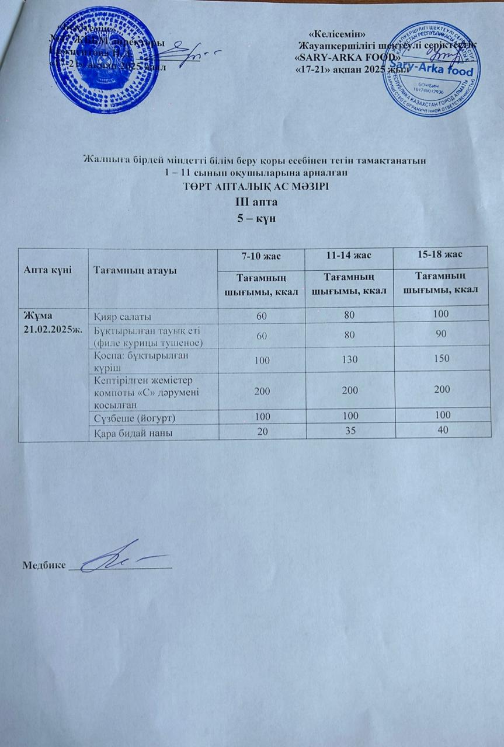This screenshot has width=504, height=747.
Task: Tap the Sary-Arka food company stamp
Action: click(x=430, y=69)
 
